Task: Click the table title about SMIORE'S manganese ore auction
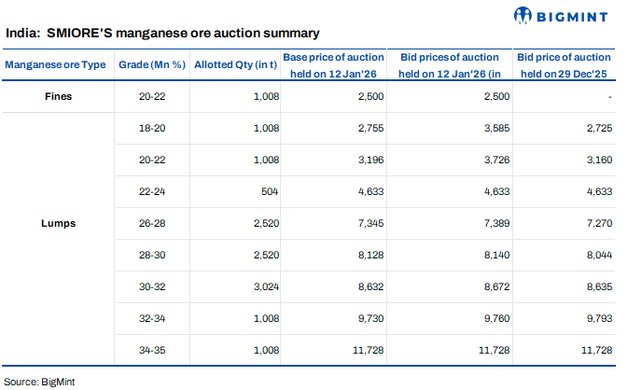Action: point(162,33)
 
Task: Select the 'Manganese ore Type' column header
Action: point(55,64)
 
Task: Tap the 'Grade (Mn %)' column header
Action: point(150,64)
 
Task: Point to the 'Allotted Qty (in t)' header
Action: point(235,64)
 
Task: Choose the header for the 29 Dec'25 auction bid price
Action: point(564,64)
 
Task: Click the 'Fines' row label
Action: point(58,96)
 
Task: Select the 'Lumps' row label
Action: point(58,223)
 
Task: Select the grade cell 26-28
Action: point(150,223)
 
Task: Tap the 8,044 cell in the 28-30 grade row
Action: point(596,255)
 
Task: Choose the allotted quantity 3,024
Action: point(265,286)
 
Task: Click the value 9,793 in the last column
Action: point(596,318)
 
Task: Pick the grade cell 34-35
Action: point(150,350)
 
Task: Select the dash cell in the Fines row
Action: point(607,96)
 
